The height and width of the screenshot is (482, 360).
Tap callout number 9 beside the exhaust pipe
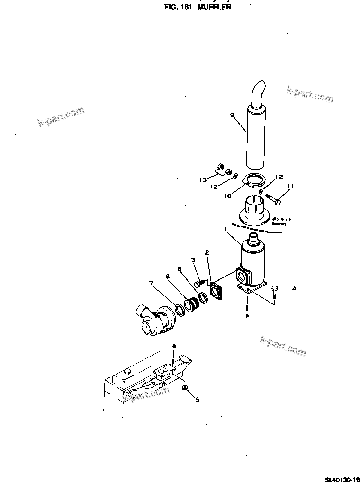click(x=232, y=115)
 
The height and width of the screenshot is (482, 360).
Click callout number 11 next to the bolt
click(x=291, y=186)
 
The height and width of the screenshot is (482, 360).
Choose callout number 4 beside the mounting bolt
click(x=294, y=288)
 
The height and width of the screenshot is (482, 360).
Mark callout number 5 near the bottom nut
click(x=198, y=399)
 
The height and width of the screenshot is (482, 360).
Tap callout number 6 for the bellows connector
click(x=167, y=276)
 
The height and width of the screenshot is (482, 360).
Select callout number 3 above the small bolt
click(x=193, y=259)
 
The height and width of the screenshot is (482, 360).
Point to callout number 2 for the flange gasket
click(x=207, y=253)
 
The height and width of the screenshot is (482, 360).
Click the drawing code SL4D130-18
click(x=341, y=478)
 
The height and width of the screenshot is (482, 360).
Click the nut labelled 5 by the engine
click(x=185, y=389)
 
